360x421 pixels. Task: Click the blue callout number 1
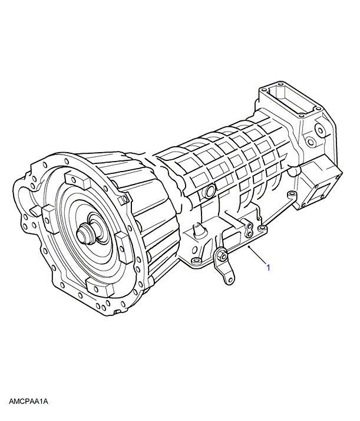pyautogui.click(x=268, y=268)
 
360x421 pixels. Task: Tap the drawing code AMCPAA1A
pyautogui.click(x=28, y=402)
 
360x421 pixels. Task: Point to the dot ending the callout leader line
pyautogui.click(x=249, y=246)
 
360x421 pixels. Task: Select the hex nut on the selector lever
pyautogui.click(x=221, y=256)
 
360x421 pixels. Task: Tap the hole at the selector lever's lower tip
pyautogui.click(x=227, y=279)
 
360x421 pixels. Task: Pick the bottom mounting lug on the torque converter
pyautogui.click(x=99, y=288)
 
